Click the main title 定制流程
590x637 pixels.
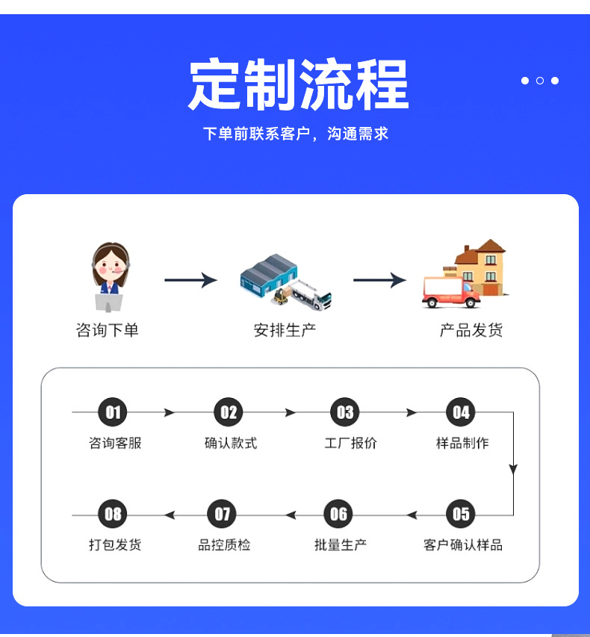tap(299, 84)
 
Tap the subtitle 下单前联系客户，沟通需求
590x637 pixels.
tap(296, 134)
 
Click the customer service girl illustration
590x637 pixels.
tap(110, 277)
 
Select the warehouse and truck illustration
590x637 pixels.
tap(285, 282)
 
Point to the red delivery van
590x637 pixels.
tap(451, 292)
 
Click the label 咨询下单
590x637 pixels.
tap(108, 330)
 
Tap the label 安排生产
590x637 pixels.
tap(285, 330)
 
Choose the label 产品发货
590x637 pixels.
tap(471, 330)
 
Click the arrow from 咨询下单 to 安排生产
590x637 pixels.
tap(191, 280)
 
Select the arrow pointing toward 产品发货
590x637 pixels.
tap(380, 280)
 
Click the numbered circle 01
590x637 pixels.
tap(113, 412)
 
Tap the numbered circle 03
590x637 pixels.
tap(345, 412)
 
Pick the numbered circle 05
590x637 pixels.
tap(461, 514)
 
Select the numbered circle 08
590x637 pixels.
tap(113, 514)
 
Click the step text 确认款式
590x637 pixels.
tap(231, 443)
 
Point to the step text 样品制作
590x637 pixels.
tap(462, 443)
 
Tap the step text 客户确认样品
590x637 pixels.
tap(463, 545)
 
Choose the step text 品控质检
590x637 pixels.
tap(224, 545)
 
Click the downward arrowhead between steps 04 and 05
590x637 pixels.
tap(513, 470)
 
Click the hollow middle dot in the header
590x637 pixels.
tap(540, 81)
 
